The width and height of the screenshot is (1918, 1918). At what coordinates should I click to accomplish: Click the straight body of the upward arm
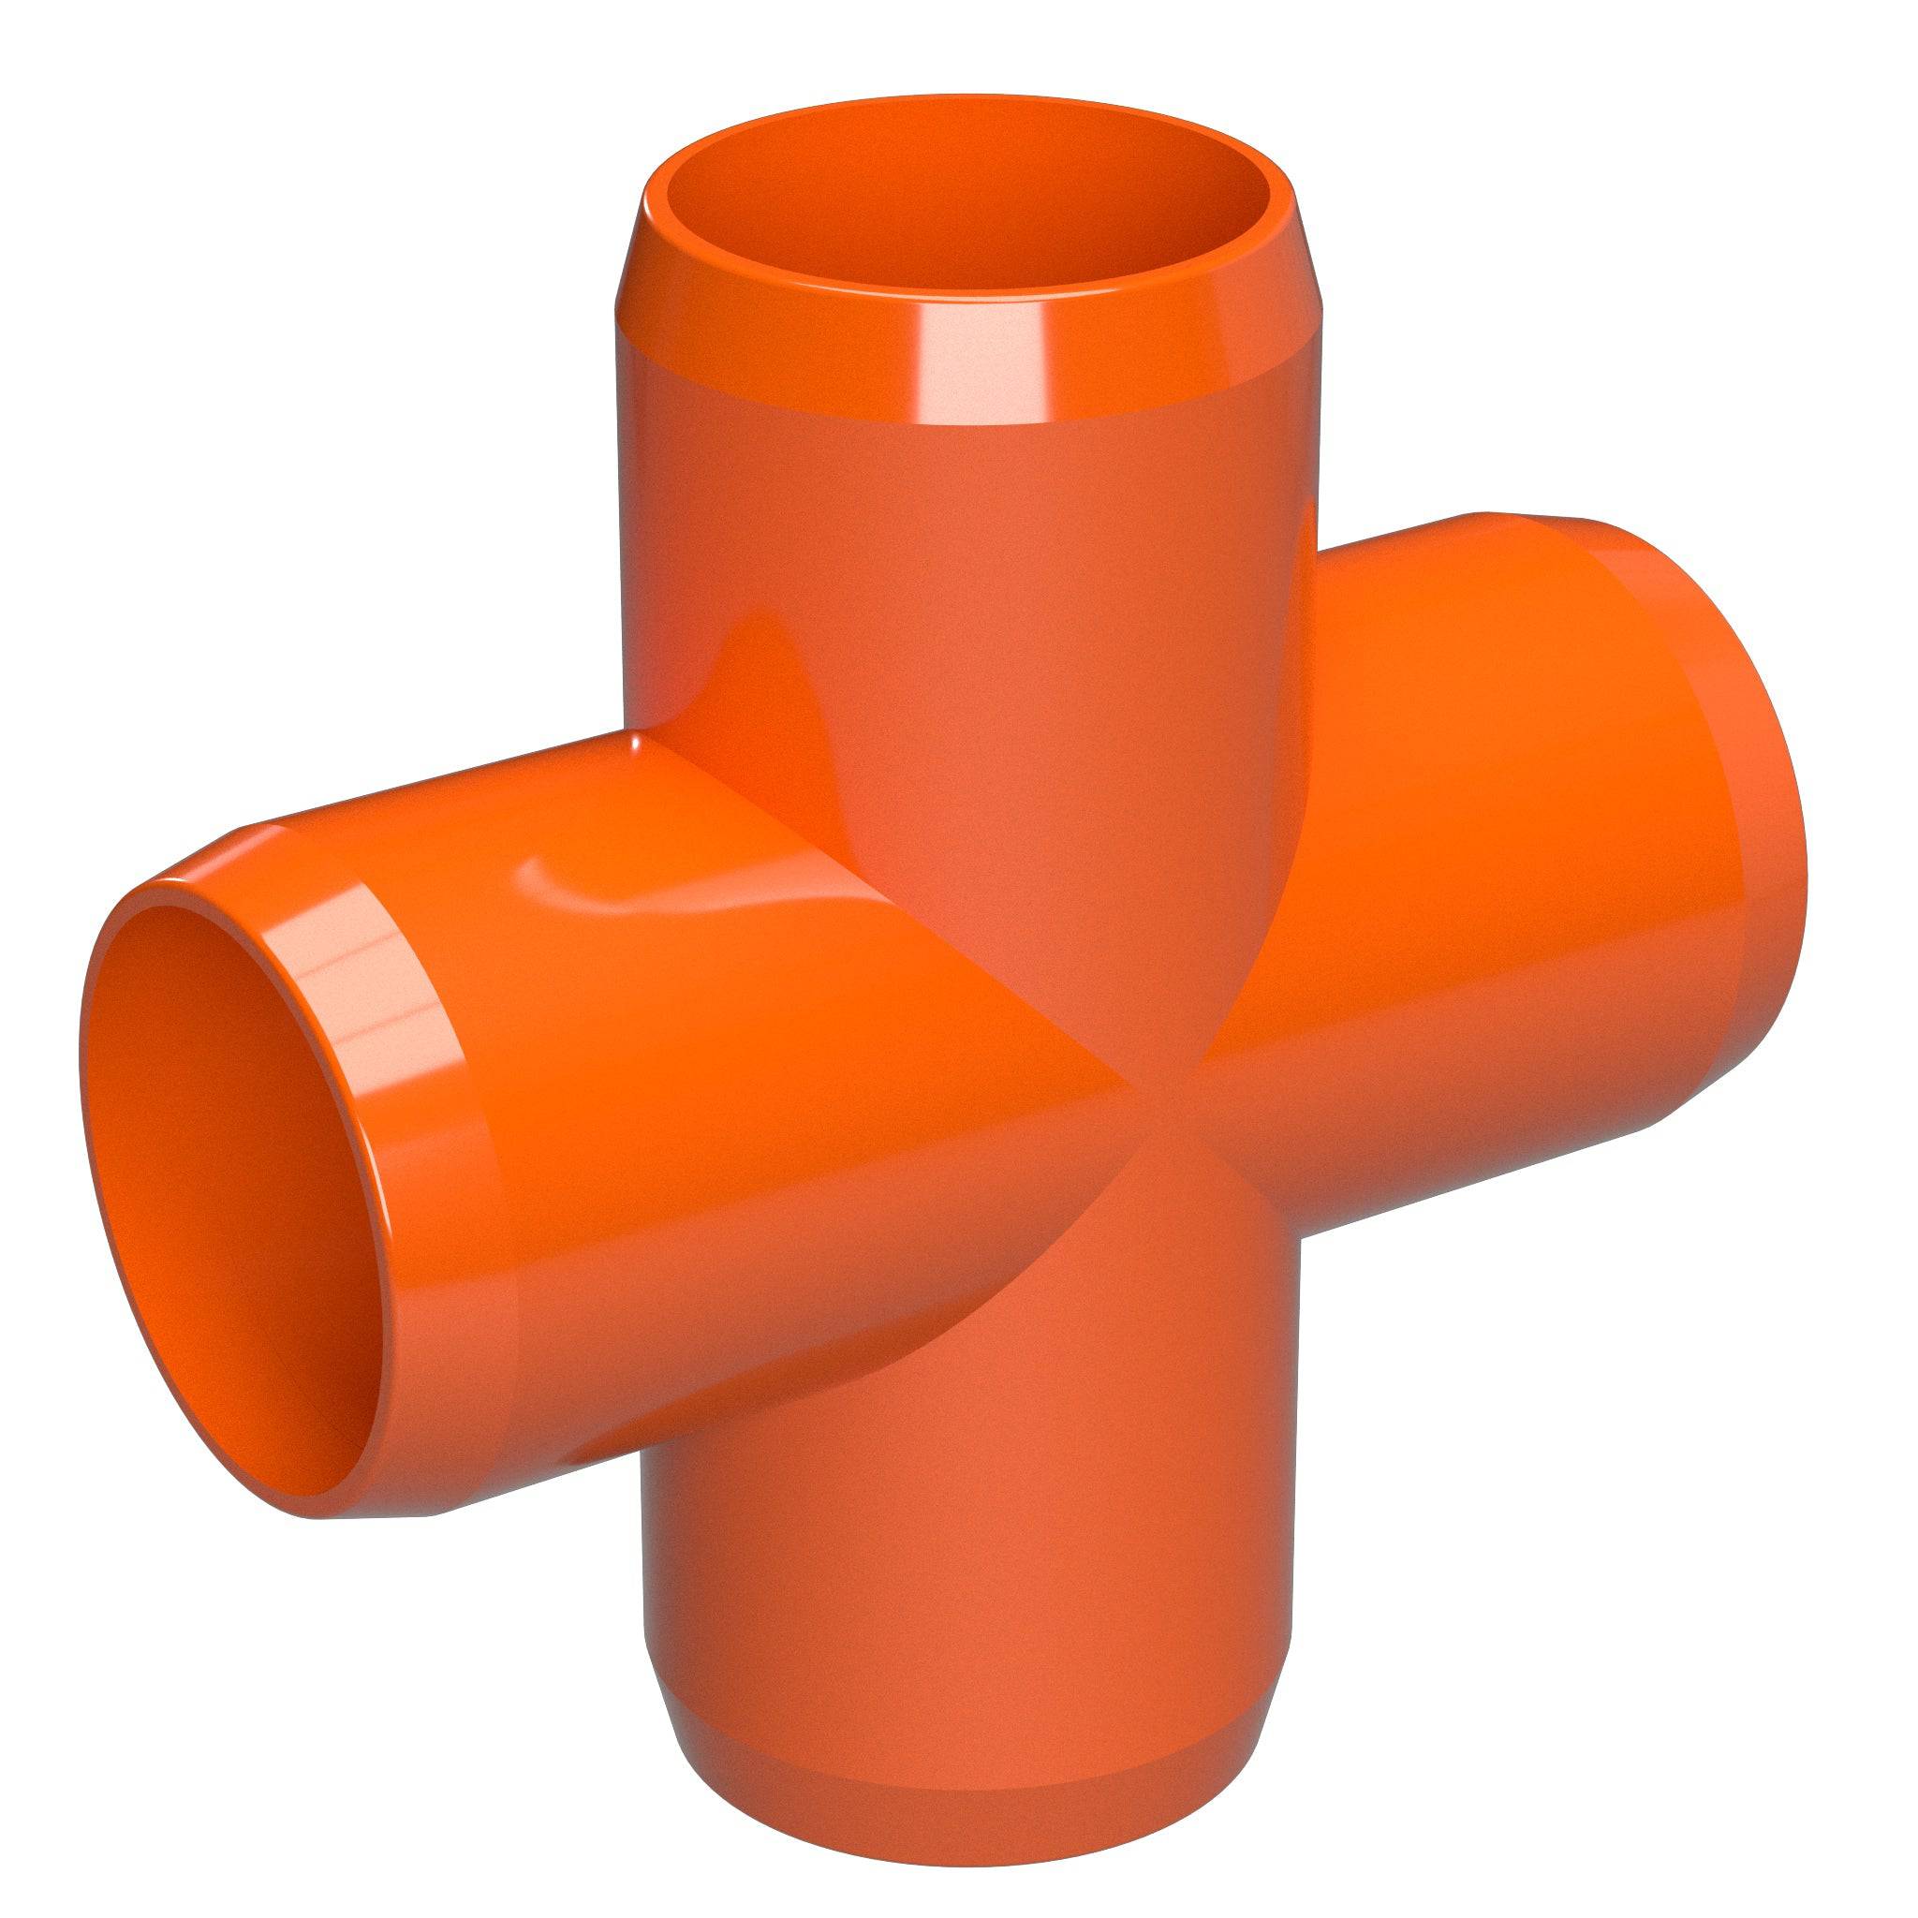click(953, 556)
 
